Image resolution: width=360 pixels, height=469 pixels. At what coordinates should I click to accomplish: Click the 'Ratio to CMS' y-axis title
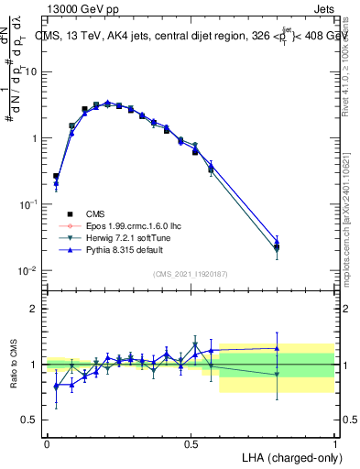(16, 365)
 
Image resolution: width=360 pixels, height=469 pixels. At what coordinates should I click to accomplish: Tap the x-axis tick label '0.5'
(191, 443)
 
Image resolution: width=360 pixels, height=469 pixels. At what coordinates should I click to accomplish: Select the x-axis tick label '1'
(335, 443)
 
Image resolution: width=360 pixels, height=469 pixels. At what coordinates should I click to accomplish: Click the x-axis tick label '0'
(47, 443)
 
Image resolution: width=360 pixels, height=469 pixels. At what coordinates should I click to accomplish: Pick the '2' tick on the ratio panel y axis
(34, 309)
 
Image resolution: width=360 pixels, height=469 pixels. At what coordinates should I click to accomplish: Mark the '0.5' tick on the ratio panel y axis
(30, 420)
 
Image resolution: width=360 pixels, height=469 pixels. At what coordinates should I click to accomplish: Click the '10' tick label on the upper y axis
(31, 71)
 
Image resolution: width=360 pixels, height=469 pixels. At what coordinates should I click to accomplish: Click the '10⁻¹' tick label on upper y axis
(27, 204)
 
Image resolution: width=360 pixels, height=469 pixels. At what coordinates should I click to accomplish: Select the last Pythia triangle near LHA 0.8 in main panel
(278, 241)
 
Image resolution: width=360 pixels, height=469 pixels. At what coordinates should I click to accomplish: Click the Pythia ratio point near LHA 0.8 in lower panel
(278, 347)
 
